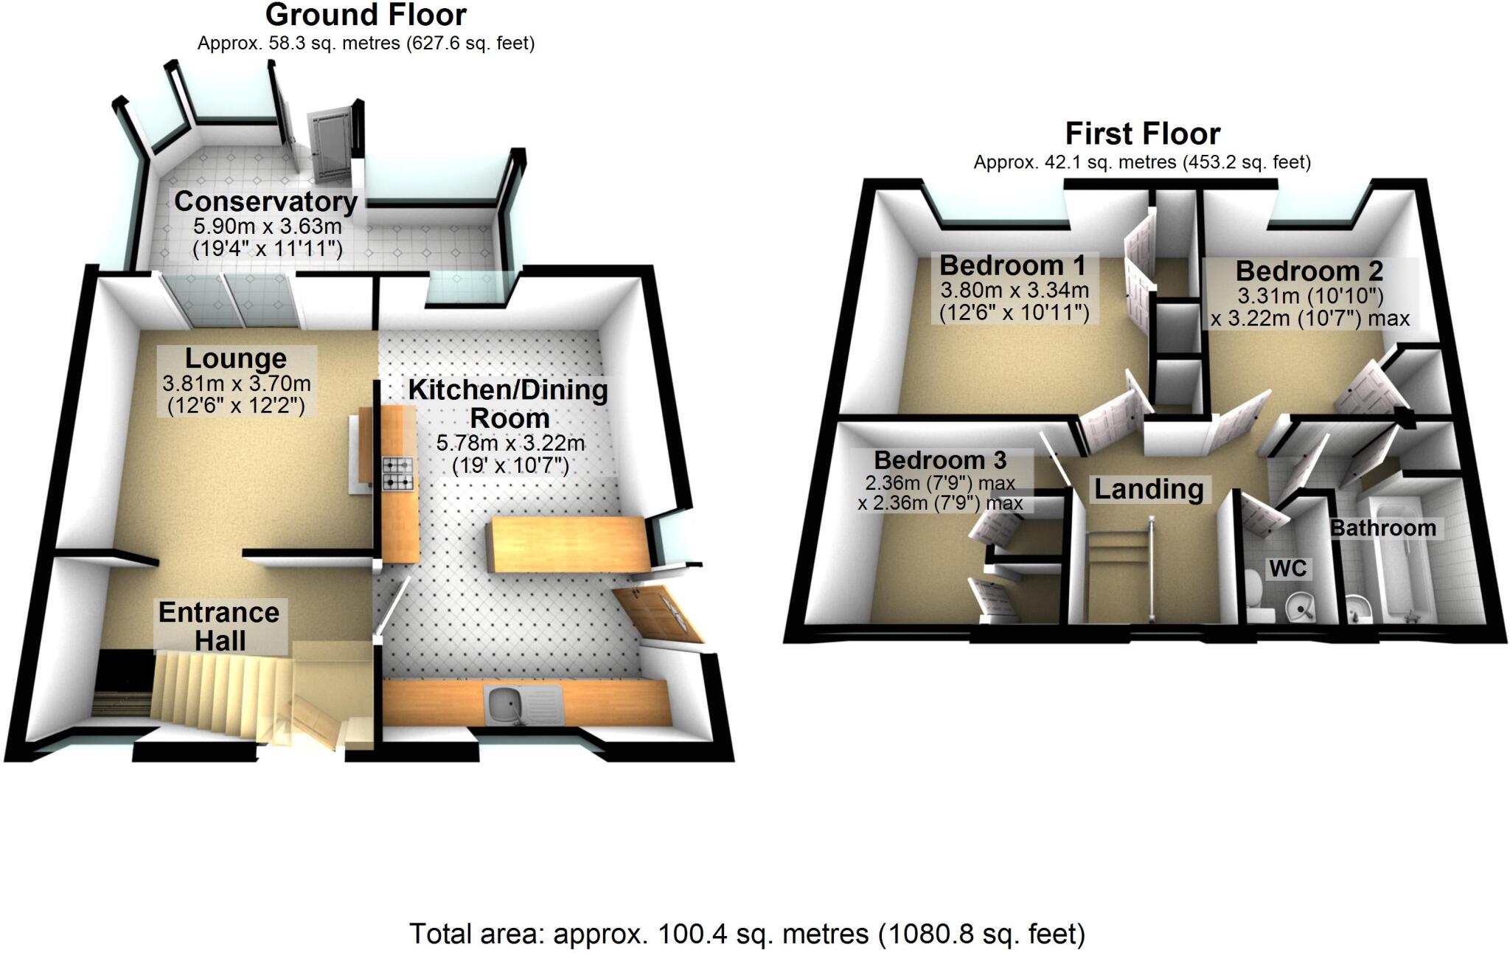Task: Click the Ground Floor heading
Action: [366, 15]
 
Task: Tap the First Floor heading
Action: [1142, 134]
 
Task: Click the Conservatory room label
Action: [265, 201]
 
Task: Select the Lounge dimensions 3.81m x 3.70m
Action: [236, 384]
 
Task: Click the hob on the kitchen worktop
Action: [397, 474]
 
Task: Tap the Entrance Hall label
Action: [219, 626]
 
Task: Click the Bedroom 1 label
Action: [1012, 265]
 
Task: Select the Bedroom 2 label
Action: [1309, 271]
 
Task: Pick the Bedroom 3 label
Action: [940, 460]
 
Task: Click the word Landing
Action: [1148, 489]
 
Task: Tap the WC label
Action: [1287, 568]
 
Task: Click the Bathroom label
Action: [1382, 528]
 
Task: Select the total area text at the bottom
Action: [747, 934]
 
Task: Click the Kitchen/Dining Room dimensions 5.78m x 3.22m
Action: [510, 443]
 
